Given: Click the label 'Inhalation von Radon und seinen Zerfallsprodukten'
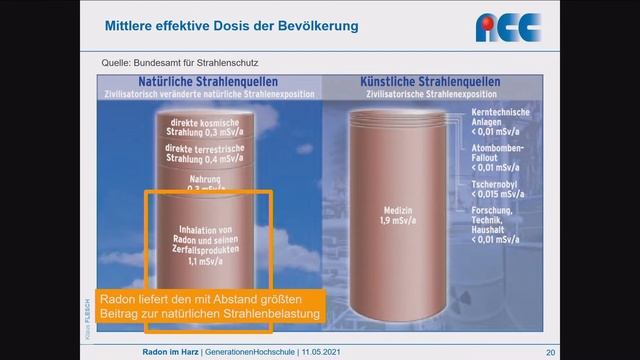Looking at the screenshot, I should pos(208,235).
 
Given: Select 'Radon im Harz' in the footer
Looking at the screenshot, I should pos(166,352).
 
